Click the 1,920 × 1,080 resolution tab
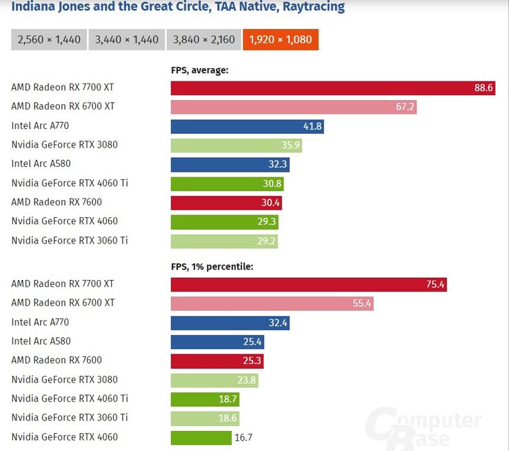280,39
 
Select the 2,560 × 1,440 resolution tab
48,39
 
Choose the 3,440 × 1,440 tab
127,39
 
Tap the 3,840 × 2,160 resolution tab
203,39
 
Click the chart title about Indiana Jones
178,8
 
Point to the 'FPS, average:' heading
199,70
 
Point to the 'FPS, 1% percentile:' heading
212,265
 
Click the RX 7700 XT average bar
332,88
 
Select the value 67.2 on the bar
405,107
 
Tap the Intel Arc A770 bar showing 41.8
247,126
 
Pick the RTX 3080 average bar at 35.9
236,146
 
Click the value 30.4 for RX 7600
270,203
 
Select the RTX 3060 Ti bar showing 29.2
224,241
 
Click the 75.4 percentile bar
308,284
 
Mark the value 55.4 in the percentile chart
361,303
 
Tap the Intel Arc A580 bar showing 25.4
217,341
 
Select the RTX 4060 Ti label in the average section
70,183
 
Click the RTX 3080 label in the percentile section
64,379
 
